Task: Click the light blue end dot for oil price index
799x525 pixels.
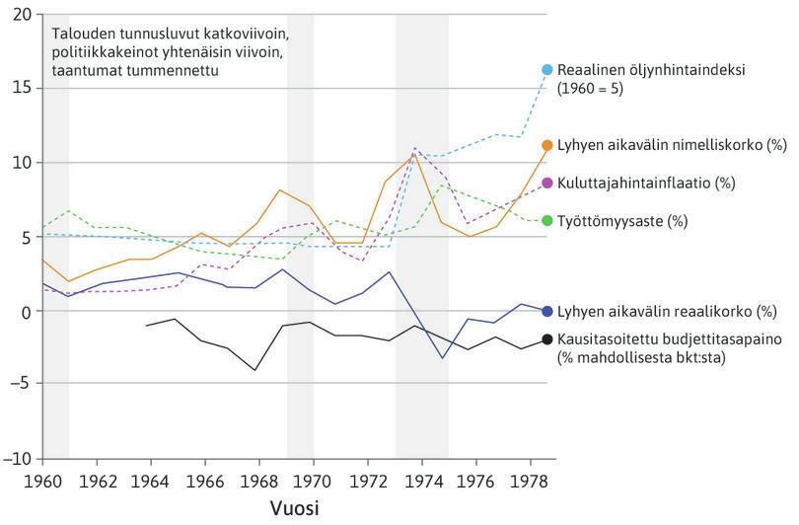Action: pyautogui.click(x=547, y=69)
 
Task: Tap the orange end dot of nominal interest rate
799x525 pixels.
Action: pyautogui.click(x=547, y=145)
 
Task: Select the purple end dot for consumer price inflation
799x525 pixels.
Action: pyautogui.click(x=547, y=184)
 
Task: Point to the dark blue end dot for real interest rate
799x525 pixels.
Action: pyautogui.click(x=547, y=310)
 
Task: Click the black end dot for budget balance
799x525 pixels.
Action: pyautogui.click(x=547, y=340)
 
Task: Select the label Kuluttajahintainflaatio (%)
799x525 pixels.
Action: pyautogui.click(x=632, y=184)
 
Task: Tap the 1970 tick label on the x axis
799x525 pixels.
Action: pyautogui.click(x=314, y=481)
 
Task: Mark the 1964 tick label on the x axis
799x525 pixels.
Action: pyautogui.click(x=151, y=481)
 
